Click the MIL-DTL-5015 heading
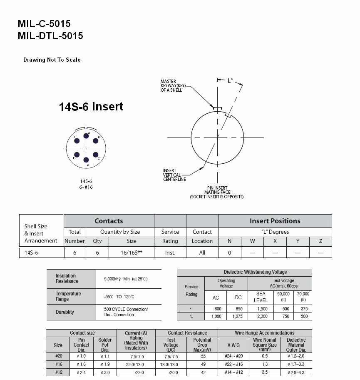(50, 36)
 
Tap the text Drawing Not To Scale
(52, 60)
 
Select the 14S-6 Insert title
(91, 107)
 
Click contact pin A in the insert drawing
(86, 136)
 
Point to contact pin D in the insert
(86, 160)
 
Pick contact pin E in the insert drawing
(77, 155)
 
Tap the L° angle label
(230, 81)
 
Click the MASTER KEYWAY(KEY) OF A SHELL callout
(173, 86)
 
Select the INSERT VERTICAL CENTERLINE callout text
(174, 175)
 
